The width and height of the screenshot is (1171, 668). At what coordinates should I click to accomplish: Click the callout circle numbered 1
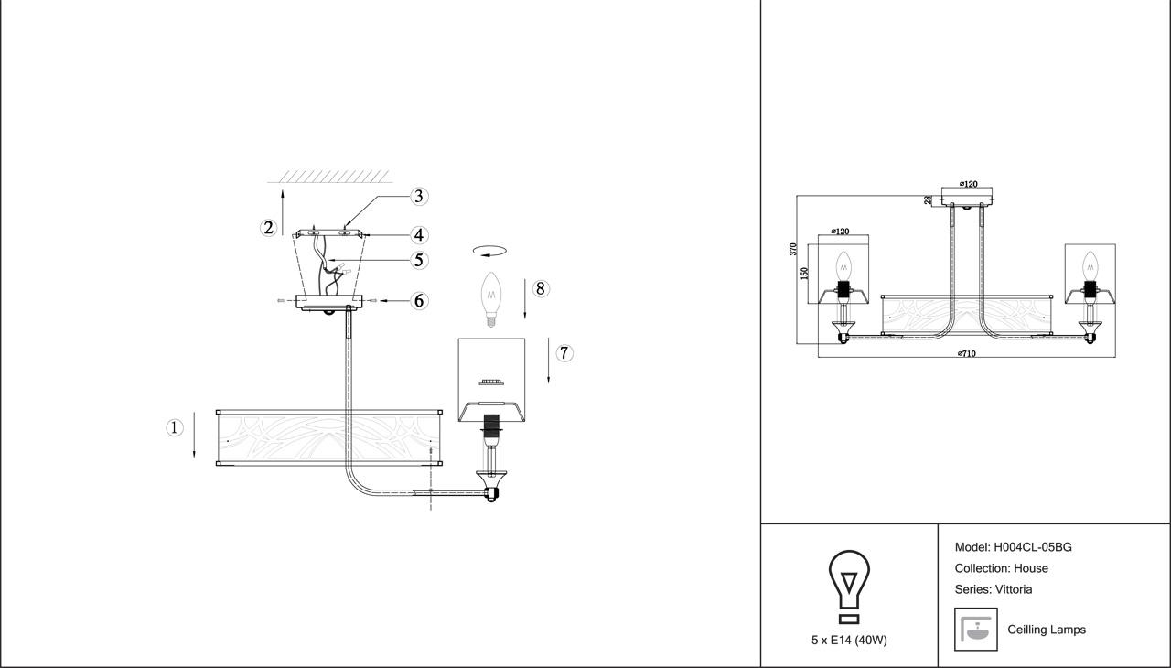pyautogui.click(x=175, y=427)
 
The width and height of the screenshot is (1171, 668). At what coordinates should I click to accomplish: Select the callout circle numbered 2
pyautogui.click(x=268, y=228)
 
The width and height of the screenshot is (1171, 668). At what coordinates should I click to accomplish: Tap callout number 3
pyautogui.click(x=419, y=196)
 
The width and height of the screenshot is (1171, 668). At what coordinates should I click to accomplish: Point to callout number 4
pyautogui.click(x=419, y=235)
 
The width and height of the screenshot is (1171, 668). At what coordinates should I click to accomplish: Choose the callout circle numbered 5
pyautogui.click(x=419, y=260)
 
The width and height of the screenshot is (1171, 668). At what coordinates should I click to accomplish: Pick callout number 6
pyautogui.click(x=419, y=300)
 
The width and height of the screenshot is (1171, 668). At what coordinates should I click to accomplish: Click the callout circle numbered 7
pyautogui.click(x=564, y=352)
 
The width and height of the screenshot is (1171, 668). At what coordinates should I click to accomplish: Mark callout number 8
pyautogui.click(x=541, y=289)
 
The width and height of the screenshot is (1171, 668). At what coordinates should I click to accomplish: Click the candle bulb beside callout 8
pyautogui.click(x=492, y=298)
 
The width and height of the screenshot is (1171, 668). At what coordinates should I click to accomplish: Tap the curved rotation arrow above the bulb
pyautogui.click(x=489, y=250)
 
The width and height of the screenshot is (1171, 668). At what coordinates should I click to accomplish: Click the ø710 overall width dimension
pyautogui.click(x=966, y=353)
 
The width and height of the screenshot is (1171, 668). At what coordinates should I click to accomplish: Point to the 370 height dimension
pyautogui.click(x=794, y=248)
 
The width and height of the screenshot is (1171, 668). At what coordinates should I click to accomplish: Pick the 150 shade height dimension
pyautogui.click(x=805, y=273)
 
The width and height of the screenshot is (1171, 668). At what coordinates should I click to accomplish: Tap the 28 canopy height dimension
pyautogui.click(x=928, y=199)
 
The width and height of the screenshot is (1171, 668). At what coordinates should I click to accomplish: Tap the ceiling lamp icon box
pyautogui.click(x=975, y=630)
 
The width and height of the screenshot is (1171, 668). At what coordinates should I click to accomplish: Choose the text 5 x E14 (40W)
pyautogui.click(x=848, y=640)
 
